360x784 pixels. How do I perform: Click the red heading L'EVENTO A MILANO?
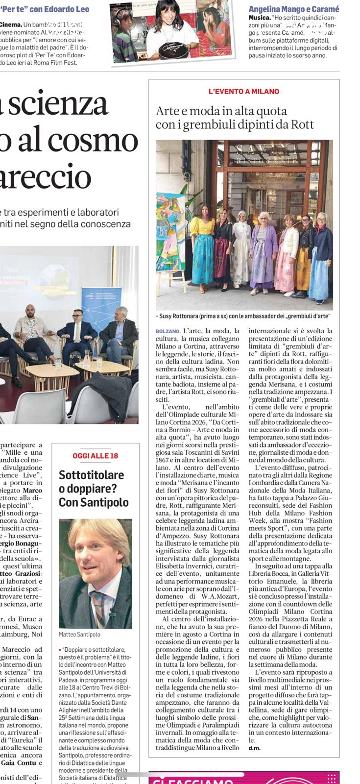click(x=243, y=91)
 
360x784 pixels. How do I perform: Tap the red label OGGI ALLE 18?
click(x=96, y=456)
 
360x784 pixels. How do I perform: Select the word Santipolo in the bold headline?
click(x=105, y=502)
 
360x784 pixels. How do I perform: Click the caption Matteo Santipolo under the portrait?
click(x=79, y=634)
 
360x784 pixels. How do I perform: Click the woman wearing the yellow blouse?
click(x=202, y=250)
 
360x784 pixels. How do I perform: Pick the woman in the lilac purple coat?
click(x=264, y=252)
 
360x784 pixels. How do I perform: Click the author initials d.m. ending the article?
click(x=254, y=747)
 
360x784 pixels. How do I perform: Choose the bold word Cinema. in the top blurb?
click(x=11, y=24)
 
